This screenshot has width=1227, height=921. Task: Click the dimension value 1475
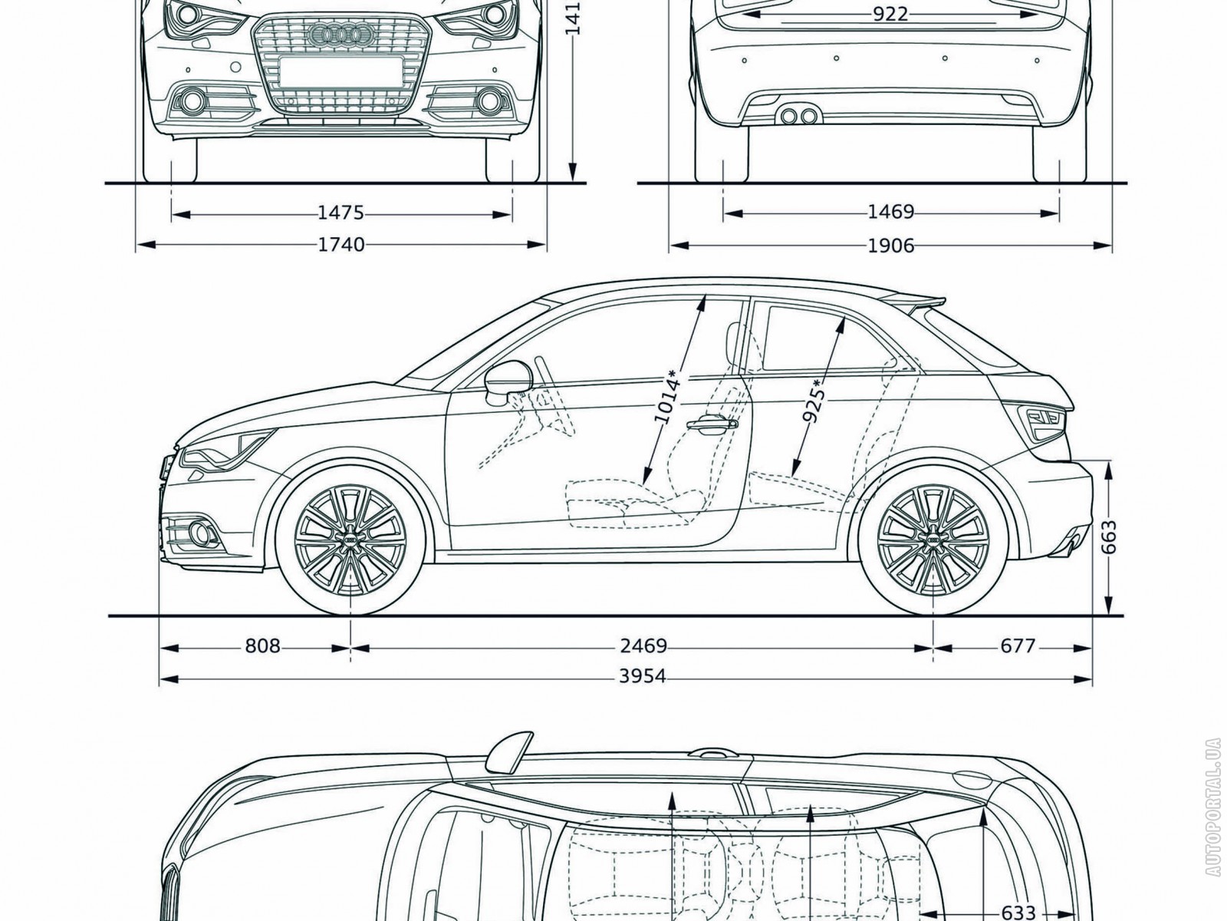pos(341,213)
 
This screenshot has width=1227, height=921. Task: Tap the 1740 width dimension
pos(341,245)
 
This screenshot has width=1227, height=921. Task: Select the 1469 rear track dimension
pos(891,212)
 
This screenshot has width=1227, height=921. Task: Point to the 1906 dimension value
pos(891,246)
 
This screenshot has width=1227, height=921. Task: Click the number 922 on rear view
pos(890,14)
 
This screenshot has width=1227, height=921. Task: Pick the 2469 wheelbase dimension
pos(643,646)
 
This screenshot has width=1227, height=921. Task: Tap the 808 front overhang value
pos(262,646)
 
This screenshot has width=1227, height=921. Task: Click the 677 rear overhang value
pos(1018,646)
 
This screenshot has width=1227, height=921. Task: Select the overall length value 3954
pos(643,677)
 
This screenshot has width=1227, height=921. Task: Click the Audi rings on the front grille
pos(337,33)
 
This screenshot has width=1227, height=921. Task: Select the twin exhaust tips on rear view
pos(797,116)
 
